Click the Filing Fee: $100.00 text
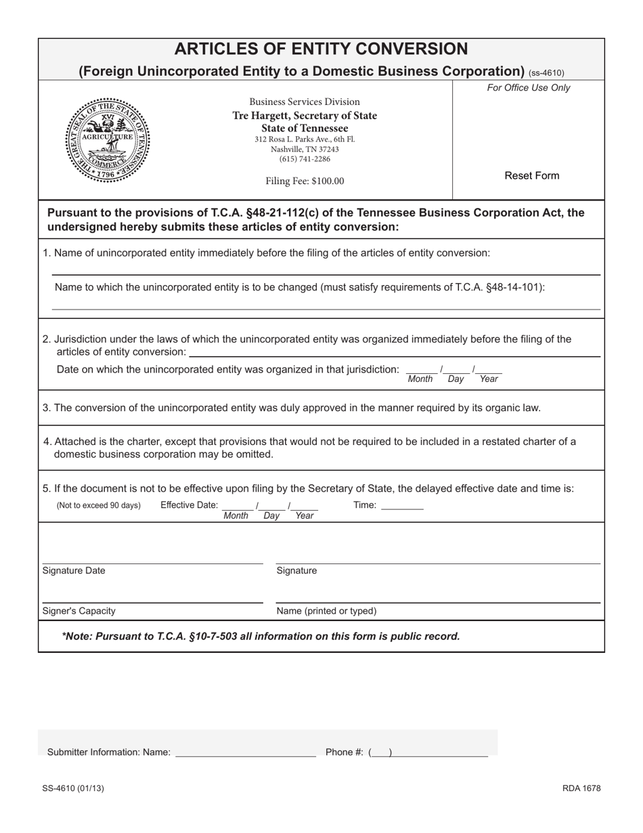point(305,181)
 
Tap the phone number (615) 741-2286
point(305,159)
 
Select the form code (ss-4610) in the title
point(546,73)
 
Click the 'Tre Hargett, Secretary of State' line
point(305,116)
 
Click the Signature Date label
point(74,570)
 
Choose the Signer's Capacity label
point(79,611)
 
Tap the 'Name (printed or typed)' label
point(326,611)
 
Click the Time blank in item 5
point(402,505)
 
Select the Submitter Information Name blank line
point(245,752)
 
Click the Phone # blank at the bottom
point(441,752)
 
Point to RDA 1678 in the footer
point(581,788)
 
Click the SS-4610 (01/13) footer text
point(73,788)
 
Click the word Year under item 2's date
point(488,379)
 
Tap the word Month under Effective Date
point(236,516)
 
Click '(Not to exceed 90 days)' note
point(99,505)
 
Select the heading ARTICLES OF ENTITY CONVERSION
point(321,49)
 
